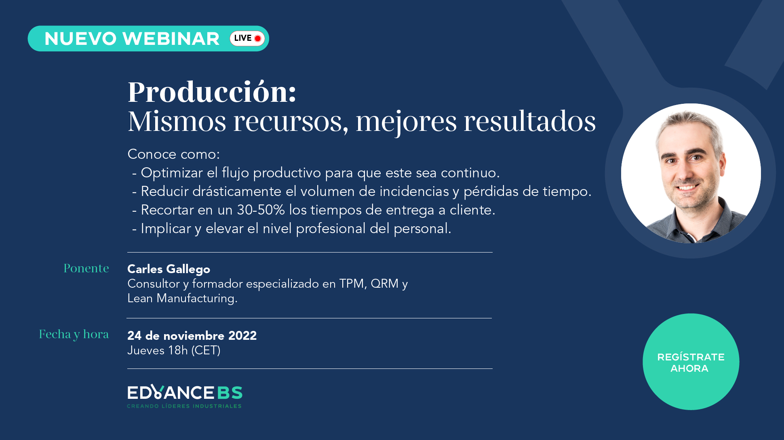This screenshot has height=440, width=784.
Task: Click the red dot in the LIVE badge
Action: tap(257, 39)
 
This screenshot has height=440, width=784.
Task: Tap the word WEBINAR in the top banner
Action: tap(171, 39)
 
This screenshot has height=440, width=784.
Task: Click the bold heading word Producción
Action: tap(212, 92)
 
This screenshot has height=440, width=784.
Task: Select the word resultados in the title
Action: tap(529, 121)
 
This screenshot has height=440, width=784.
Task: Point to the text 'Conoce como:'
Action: tap(174, 154)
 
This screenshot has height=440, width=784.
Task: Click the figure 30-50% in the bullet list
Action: tap(261, 210)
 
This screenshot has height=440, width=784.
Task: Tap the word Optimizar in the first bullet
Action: tap(172, 173)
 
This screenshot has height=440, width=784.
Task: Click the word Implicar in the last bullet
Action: tap(166, 229)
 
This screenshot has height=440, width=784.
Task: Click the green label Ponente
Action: tap(86, 268)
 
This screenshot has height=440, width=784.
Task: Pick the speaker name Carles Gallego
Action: tap(169, 269)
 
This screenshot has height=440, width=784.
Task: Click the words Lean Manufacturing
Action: tap(182, 299)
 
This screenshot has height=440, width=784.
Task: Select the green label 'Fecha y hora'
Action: tap(74, 335)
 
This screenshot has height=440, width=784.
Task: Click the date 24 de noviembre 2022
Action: tap(192, 336)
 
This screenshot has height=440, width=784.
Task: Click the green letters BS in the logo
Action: tap(230, 393)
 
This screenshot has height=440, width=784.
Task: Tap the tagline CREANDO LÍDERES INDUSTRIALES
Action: tap(184, 406)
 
